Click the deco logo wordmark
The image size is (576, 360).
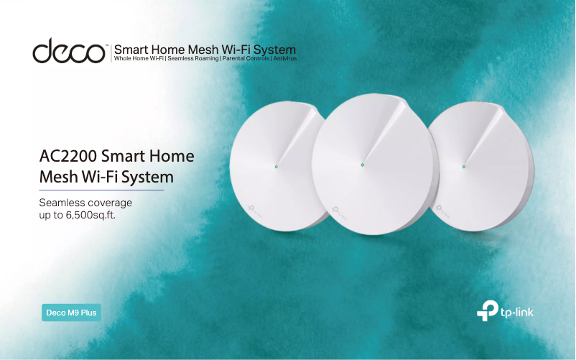pyautogui.click(x=69, y=50)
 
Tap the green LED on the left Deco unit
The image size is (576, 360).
pyautogui.click(x=277, y=167)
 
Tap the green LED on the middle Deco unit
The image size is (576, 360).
pyautogui.click(x=363, y=165)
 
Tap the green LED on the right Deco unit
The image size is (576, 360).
pyautogui.click(x=463, y=167)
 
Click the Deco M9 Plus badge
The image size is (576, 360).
pyautogui.click(x=71, y=313)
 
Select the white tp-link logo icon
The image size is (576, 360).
pyautogui.click(x=488, y=310)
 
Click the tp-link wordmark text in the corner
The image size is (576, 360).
pyautogui.click(x=517, y=313)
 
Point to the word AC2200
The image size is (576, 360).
pyautogui.click(x=68, y=156)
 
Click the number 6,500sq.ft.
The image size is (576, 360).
pyautogui.click(x=90, y=216)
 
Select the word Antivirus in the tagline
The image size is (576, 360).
pyautogui.click(x=284, y=58)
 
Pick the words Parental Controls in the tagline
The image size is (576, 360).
pyautogui.click(x=246, y=58)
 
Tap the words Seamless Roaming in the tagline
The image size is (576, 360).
pyautogui.click(x=193, y=58)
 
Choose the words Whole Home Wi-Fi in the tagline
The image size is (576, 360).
pyautogui.click(x=139, y=58)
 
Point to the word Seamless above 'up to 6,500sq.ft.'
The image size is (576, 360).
pyautogui.click(x=60, y=203)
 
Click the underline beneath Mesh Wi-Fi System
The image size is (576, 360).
pyautogui.click(x=101, y=190)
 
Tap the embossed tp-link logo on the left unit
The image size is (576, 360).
pyautogui.click(x=255, y=211)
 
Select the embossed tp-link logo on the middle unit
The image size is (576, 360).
pyautogui.click(x=340, y=211)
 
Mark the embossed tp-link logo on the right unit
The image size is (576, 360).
pyautogui.click(x=442, y=211)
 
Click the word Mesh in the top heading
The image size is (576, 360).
pyautogui.click(x=203, y=50)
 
